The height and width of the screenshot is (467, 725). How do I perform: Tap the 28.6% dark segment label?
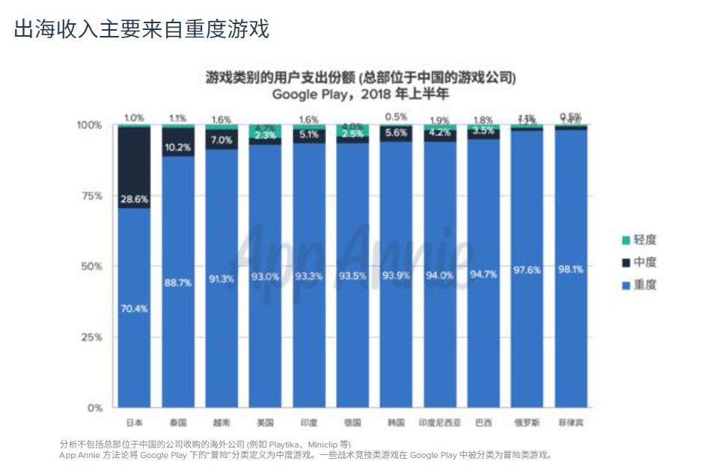(134, 200)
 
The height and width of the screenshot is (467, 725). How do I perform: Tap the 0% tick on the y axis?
(94, 408)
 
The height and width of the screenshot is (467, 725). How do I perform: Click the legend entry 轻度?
(644, 239)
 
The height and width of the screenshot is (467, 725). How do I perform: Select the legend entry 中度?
(644, 262)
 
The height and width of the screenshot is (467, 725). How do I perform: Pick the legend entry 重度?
(644, 284)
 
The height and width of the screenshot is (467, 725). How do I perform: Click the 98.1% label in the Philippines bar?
(571, 269)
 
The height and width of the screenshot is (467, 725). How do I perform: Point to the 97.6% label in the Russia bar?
(527, 270)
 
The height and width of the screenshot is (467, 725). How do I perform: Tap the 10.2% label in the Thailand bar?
(177, 147)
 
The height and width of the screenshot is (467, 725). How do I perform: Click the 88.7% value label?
(177, 282)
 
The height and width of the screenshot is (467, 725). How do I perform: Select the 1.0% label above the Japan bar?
(134, 117)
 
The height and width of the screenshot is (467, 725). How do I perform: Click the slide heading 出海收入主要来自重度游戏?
(141, 29)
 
